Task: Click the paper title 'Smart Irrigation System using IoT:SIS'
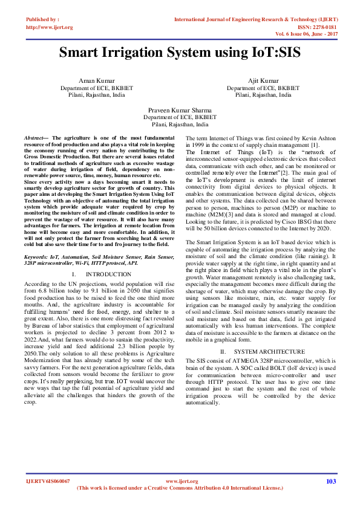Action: (180, 52)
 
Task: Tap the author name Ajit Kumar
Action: (263, 81)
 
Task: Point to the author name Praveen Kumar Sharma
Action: (180, 110)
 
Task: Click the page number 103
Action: (330, 481)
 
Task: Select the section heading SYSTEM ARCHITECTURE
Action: (261, 351)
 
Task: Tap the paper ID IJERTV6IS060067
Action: (48, 481)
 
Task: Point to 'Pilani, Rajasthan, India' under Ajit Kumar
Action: (263, 95)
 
